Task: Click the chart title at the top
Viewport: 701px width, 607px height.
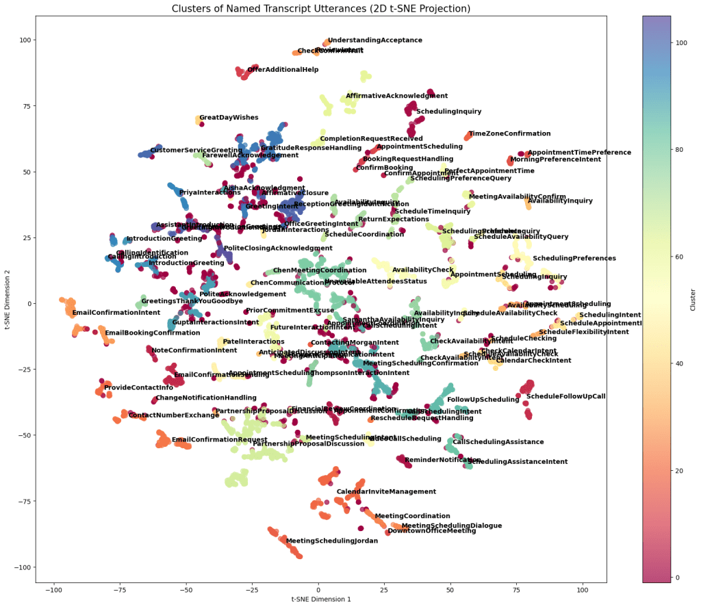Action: [x=321, y=8]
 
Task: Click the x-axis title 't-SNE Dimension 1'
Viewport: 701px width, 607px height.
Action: [x=321, y=598]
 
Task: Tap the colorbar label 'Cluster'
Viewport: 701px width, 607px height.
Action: [x=692, y=298]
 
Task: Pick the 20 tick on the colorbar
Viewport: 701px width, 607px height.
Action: [x=671, y=471]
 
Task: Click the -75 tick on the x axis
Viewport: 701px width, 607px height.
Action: [x=120, y=589]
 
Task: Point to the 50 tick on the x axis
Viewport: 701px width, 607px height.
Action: [x=450, y=589]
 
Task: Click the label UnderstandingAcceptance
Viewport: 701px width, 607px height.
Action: [x=374, y=41]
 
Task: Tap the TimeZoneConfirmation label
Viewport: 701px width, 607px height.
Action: [x=509, y=134]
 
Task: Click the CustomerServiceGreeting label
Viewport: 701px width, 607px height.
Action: [x=196, y=151]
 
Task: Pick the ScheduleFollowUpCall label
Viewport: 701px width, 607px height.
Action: [x=565, y=396]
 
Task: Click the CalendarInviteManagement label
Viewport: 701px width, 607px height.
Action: [x=386, y=492]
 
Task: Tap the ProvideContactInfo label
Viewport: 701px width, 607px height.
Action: [x=138, y=388]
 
